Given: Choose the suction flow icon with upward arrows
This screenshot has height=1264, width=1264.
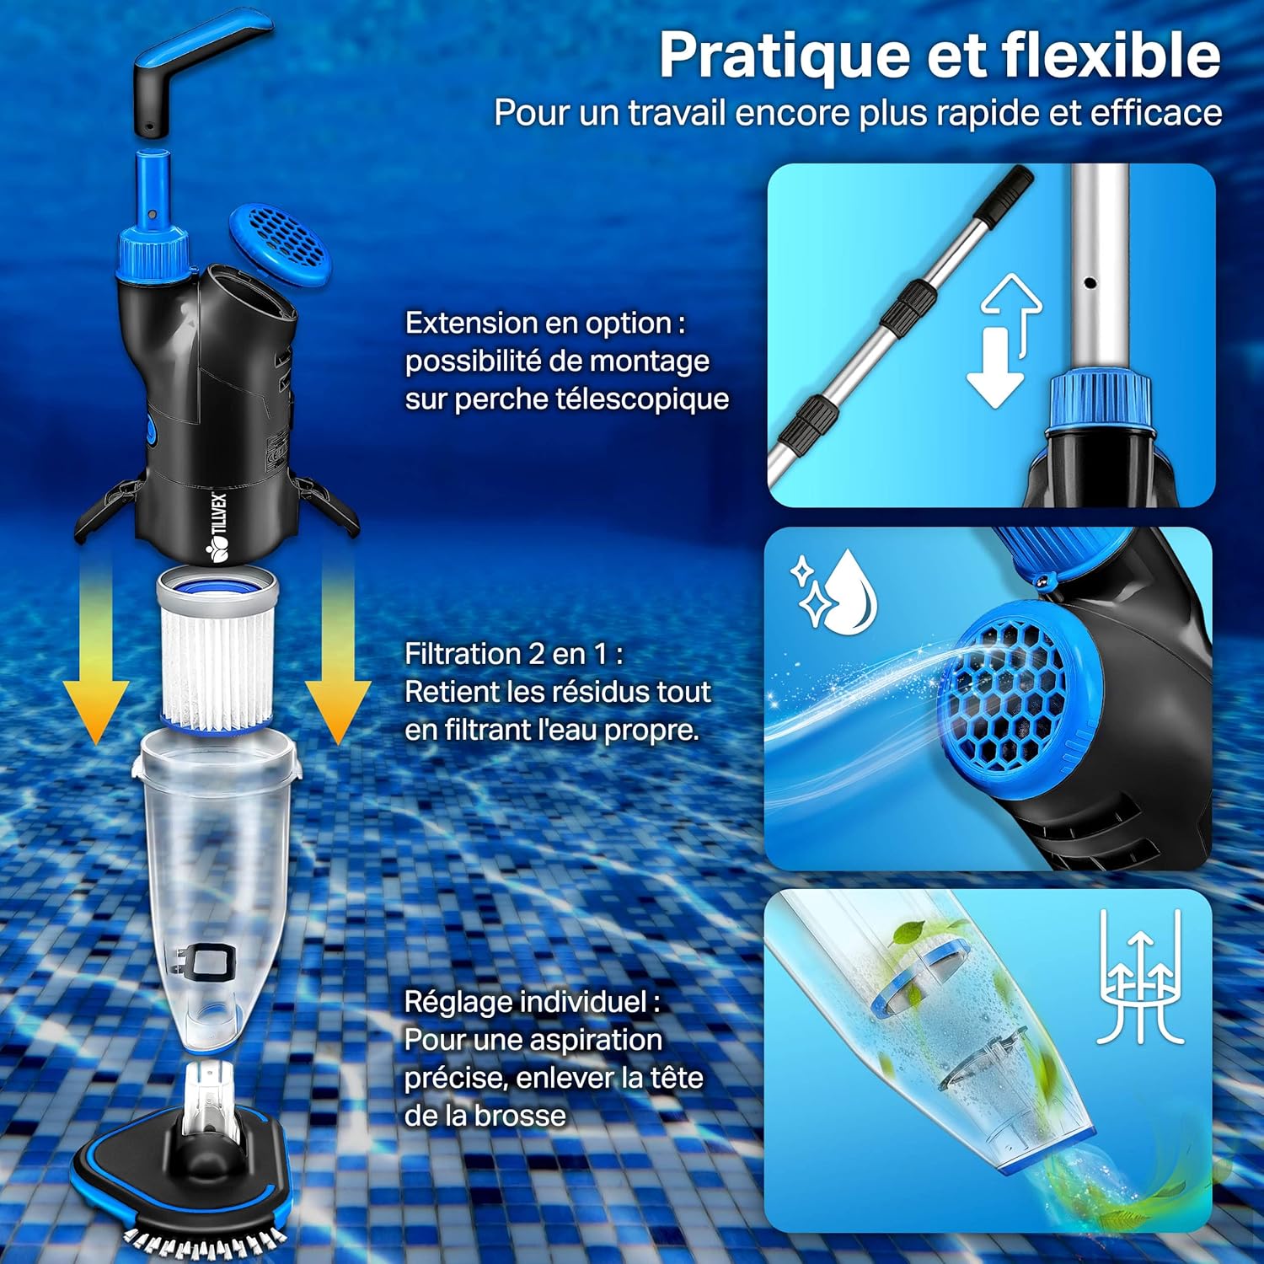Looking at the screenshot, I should [1142, 977].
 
